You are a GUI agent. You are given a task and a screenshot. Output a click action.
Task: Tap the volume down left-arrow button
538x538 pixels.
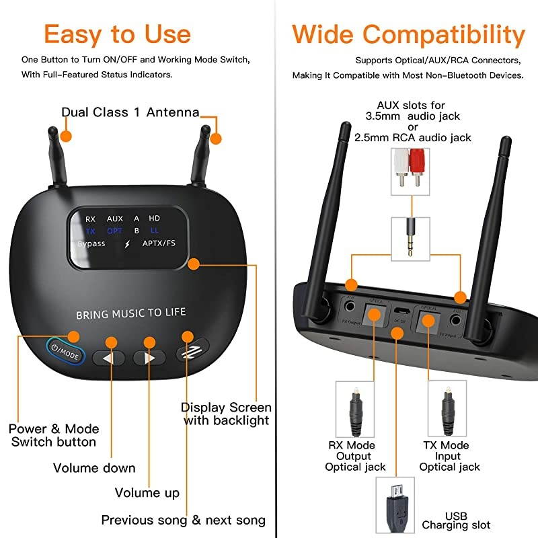[x=108, y=358]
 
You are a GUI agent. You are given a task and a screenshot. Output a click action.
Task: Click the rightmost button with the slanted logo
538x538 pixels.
[x=192, y=349]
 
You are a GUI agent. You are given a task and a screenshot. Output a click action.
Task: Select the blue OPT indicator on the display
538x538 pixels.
[x=115, y=231]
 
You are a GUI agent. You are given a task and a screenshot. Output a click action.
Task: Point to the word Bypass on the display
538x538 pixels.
[x=91, y=243]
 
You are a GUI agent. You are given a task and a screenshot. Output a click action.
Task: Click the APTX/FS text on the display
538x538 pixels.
[x=160, y=243]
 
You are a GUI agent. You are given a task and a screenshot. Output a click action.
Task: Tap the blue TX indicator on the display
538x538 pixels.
[x=91, y=231]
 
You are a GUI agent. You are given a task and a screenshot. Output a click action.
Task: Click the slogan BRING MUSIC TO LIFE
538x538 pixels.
[x=130, y=313]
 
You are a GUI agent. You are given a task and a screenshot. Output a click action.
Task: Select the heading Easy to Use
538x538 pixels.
[x=118, y=34]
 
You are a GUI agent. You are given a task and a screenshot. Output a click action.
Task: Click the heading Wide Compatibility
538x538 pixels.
[x=408, y=34]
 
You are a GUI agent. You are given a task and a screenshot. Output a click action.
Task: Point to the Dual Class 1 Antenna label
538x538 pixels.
[x=130, y=112]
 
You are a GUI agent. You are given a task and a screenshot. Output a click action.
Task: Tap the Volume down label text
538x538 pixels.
[x=94, y=468]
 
